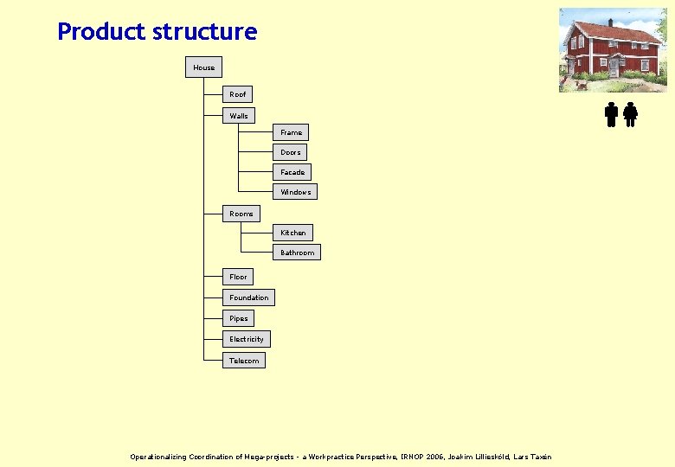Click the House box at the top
(x=203, y=67)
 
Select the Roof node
(x=237, y=94)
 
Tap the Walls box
(x=238, y=116)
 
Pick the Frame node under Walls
(x=291, y=132)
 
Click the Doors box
(x=291, y=152)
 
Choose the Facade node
(x=292, y=172)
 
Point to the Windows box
(x=295, y=192)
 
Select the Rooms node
(x=241, y=214)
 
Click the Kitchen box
(x=292, y=233)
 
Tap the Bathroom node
(x=297, y=253)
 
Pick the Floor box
(x=238, y=277)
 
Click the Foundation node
(x=248, y=297)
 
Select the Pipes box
(x=238, y=318)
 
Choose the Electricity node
(x=246, y=339)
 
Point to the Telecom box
(x=243, y=361)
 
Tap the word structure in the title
(x=204, y=32)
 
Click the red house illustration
(x=613, y=49)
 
